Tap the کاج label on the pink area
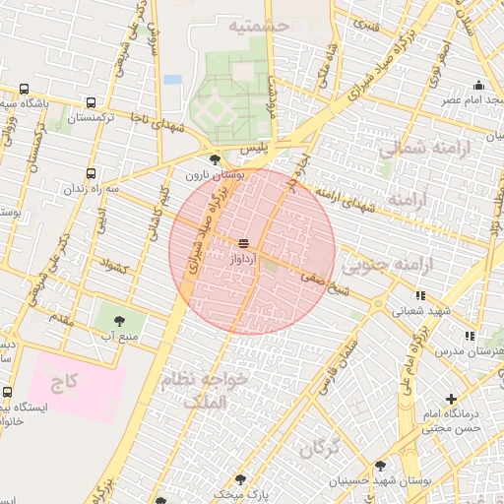pos(66,378)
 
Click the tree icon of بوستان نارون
pos(216,159)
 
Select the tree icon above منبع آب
pos(120,321)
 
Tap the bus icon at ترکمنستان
pos(92,102)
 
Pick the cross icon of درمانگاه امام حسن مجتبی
pos(451,400)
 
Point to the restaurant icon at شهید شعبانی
pos(420,294)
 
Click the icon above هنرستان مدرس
pos(470,336)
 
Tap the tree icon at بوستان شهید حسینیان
pos(380,466)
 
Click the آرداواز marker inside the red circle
pos(243,243)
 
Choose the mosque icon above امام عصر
pos(478,85)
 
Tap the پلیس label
pos(255,147)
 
